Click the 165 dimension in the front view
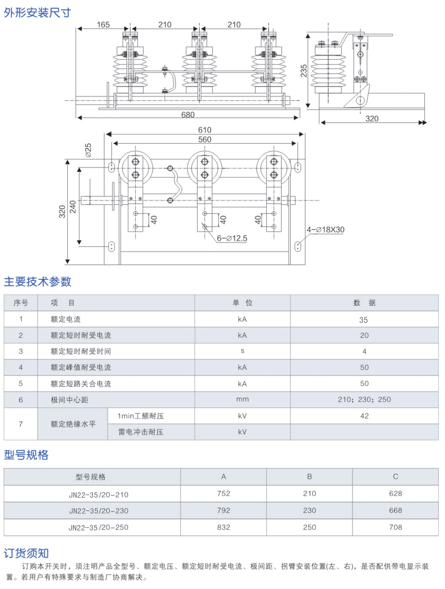point(103,25)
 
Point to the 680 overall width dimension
point(188,115)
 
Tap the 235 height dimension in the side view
point(304,71)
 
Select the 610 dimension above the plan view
point(205,130)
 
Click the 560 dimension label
point(205,139)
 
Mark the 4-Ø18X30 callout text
point(325,229)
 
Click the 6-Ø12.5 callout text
point(232,238)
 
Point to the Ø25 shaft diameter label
point(88,150)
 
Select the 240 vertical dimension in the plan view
point(73,207)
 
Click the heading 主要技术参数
point(38,282)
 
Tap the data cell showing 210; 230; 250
point(364,399)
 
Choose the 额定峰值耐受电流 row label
point(81,367)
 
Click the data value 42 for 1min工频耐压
point(364,416)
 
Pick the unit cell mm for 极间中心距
point(243,399)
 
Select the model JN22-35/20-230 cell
point(99,511)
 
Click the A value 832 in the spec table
point(223,527)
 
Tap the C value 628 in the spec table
point(395,494)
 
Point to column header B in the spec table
point(309,476)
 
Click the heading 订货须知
point(26,553)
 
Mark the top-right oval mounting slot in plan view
point(298,167)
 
